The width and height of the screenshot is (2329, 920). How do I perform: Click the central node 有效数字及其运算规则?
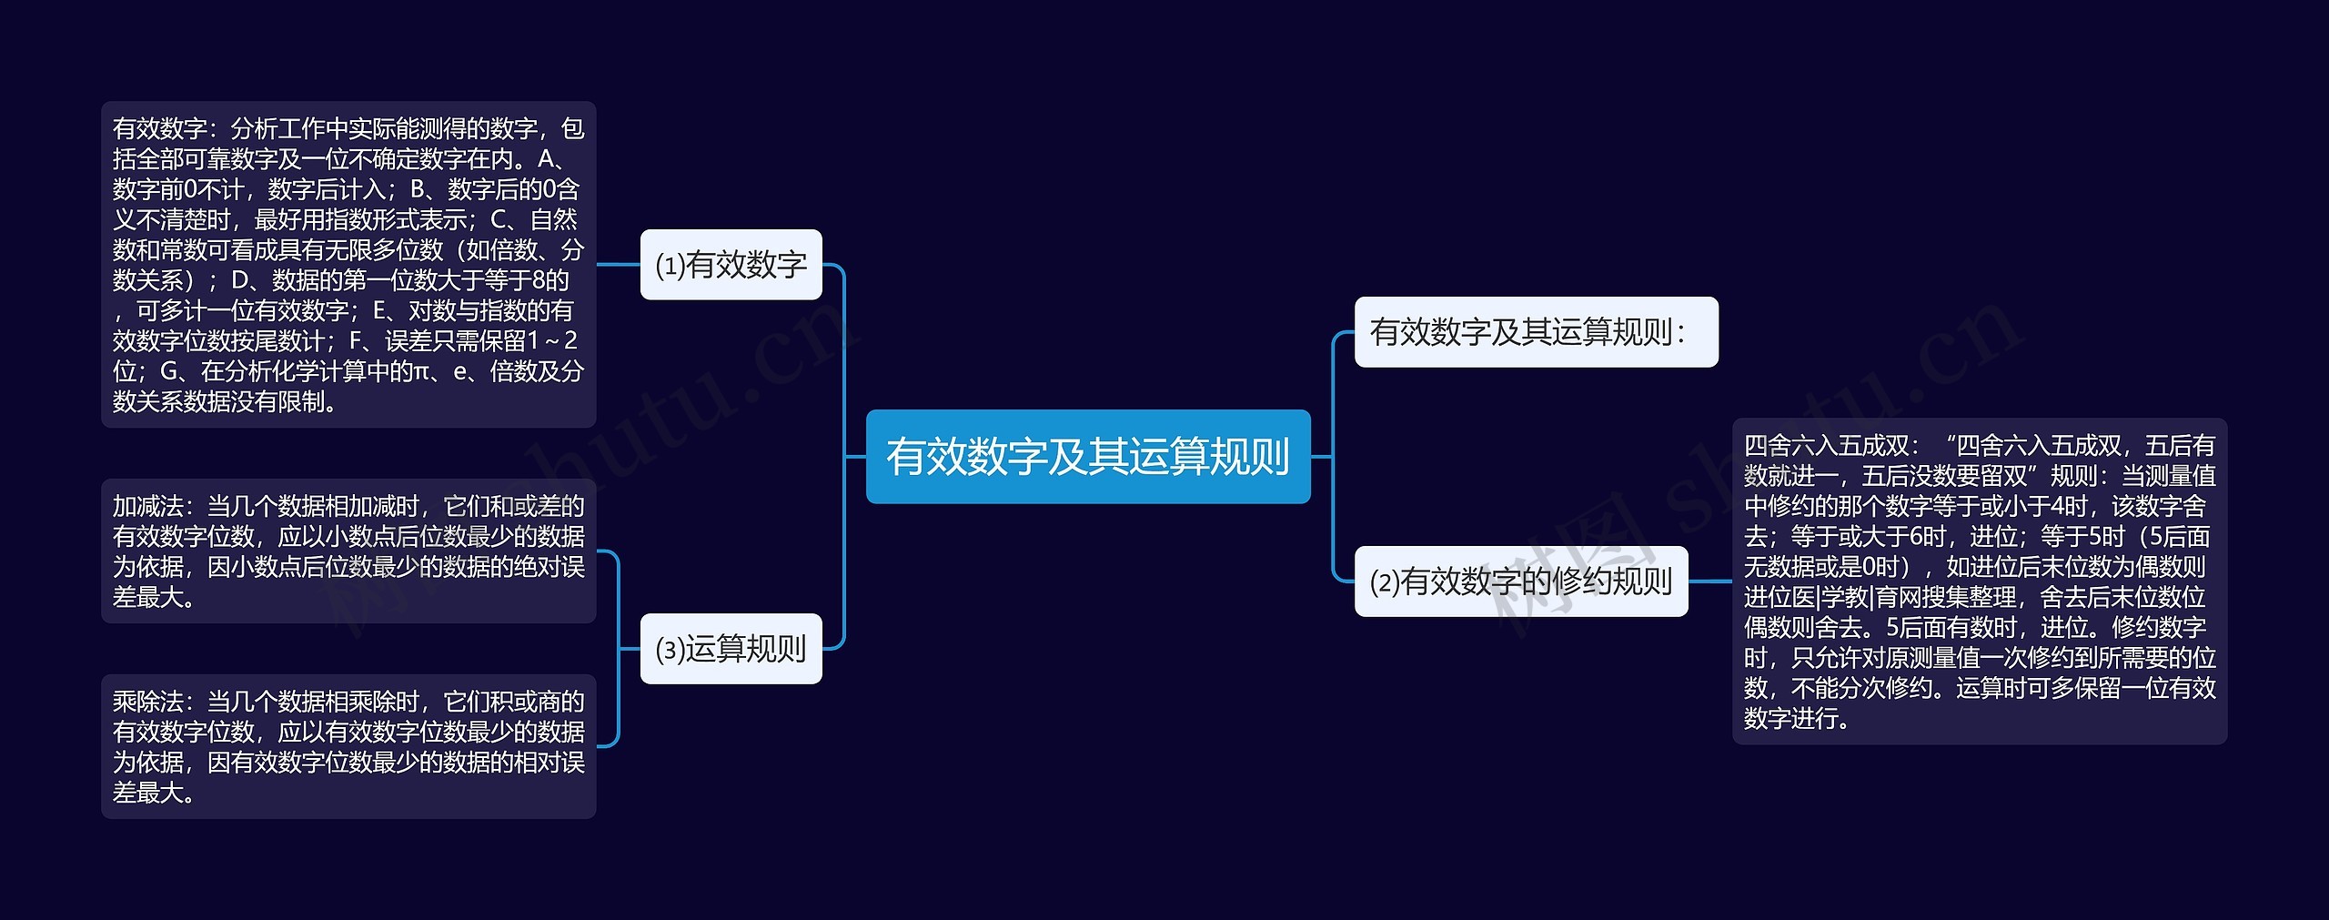[x=1087, y=456]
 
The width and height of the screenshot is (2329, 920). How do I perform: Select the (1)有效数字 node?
[x=731, y=265]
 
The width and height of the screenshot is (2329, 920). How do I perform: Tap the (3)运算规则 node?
[x=731, y=649]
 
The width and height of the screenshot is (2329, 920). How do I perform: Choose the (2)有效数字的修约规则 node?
[x=1520, y=581]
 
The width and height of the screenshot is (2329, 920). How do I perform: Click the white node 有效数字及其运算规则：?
[x=1536, y=332]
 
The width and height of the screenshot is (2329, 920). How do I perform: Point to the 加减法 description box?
[x=348, y=551]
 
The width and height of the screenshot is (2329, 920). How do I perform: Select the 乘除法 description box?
[x=348, y=746]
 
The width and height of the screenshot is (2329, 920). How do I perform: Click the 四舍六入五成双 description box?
[x=1980, y=581]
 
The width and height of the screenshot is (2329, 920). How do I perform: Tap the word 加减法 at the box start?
[x=148, y=507]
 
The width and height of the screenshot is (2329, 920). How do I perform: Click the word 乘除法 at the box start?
[x=148, y=702]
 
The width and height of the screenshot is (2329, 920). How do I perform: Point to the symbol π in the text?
[x=421, y=371]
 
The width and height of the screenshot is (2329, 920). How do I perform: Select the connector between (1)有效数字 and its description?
[x=619, y=265]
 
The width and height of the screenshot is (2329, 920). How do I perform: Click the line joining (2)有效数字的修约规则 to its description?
[x=1710, y=581]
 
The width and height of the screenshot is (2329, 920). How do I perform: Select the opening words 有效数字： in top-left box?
[x=165, y=129]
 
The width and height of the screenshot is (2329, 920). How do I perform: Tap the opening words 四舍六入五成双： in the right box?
[x=1831, y=446]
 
